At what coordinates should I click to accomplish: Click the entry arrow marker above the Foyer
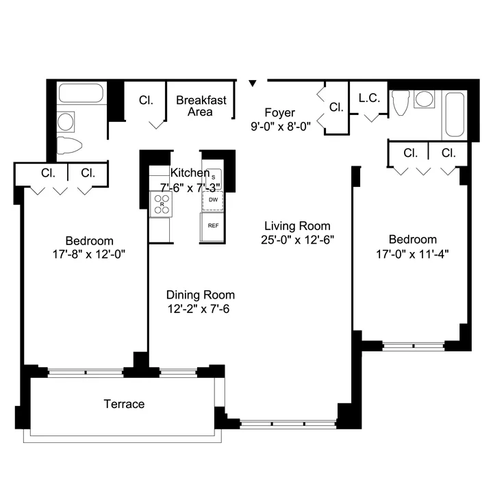pyautogui.click(x=253, y=84)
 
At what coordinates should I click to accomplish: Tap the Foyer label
pyautogui.click(x=280, y=112)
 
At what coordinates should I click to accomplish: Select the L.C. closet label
pyautogui.click(x=369, y=98)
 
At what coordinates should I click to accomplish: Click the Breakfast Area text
pyautogui.click(x=201, y=105)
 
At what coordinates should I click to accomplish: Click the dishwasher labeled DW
pyautogui.click(x=213, y=199)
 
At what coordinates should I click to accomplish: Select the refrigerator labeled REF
pyautogui.click(x=213, y=225)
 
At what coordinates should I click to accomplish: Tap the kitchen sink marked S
pyautogui.click(x=213, y=177)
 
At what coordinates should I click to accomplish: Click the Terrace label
pyautogui.click(x=124, y=404)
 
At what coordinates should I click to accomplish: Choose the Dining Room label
pyautogui.click(x=200, y=295)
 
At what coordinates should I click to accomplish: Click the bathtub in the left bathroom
pyautogui.click(x=80, y=94)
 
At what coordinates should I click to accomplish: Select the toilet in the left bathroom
pyautogui.click(x=68, y=144)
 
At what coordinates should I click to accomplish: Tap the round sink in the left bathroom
pyautogui.click(x=66, y=122)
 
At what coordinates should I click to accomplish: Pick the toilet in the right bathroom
pyautogui.click(x=401, y=103)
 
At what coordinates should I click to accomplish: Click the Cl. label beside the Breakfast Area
pyautogui.click(x=146, y=100)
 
